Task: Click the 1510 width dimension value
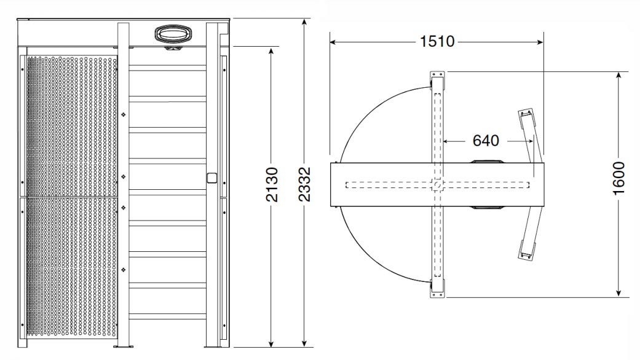coord(437,41)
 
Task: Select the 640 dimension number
coord(486,141)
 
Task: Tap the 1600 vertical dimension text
coord(618,178)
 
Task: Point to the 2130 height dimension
coord(271,184)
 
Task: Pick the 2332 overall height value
coord(304,184)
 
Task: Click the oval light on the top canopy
coord(173,34)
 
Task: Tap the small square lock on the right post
coord(212,178)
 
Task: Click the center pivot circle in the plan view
coord(437,185)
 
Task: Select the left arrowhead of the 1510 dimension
coord(333,42)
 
